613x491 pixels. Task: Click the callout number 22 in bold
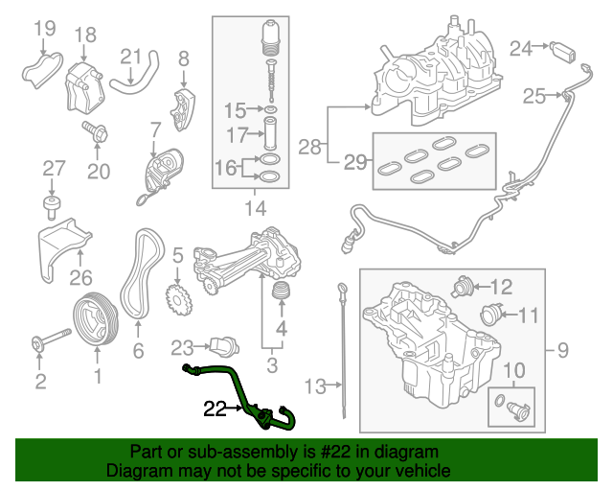pos(215,409)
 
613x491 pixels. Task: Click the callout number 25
pos(534,95)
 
